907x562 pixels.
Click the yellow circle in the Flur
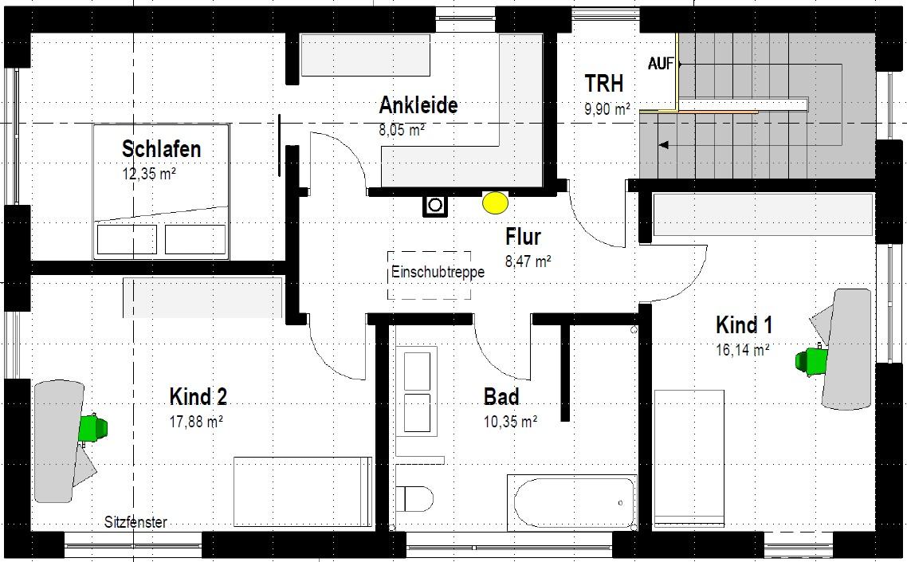pos(495,203)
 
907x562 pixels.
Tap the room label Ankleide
pos(418,105)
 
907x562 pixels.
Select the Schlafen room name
pos(161,149)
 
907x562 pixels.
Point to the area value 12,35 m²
pos(149,174)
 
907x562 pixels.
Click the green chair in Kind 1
pos(811,360)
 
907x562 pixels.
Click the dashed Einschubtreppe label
pos(438,272)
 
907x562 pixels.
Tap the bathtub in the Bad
pos(572,502)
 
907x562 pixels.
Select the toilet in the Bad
pos(414,498)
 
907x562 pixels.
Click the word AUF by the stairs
pos(661,64)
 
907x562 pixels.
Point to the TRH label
pos(604,84)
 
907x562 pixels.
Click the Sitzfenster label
pos(135,522)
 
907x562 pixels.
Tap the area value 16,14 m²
pos(743,350)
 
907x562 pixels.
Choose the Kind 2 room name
pos(198,397)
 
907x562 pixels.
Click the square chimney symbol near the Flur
pos(435,205)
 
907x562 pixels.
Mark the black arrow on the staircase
pos(664,145)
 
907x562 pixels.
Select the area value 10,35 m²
pos(510,422)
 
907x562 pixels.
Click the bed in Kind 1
pos(689,458)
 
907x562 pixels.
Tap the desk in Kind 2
pos(58,441)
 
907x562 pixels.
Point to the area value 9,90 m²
pos(607,108)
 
